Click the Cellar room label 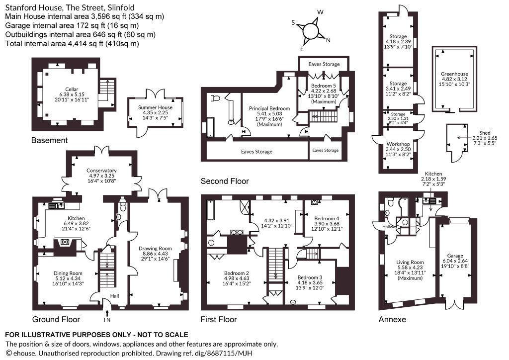[x=72, y=90]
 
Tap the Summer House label [x=155, y=107]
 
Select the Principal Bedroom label [x=269, y=108]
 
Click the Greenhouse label [x=454, y=74]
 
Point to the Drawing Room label [x=155, y=248]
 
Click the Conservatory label [x=101, y=171]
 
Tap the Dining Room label [x=68, y=273]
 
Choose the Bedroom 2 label [x=236, y=273]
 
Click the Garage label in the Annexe [x=455, y=256]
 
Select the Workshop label [x=398, y=144]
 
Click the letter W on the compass [x=321, y=12]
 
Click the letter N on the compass [x=328, y=40]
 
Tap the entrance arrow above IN [x=107, y=313]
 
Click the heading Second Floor [x=225, y=181]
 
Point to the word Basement [x=49, y=140]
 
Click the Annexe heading [x=392, y=319]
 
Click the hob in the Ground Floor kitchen [x=65, y=241]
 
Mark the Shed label [x=485, y=133]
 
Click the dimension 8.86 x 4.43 [x=155, y=254]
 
